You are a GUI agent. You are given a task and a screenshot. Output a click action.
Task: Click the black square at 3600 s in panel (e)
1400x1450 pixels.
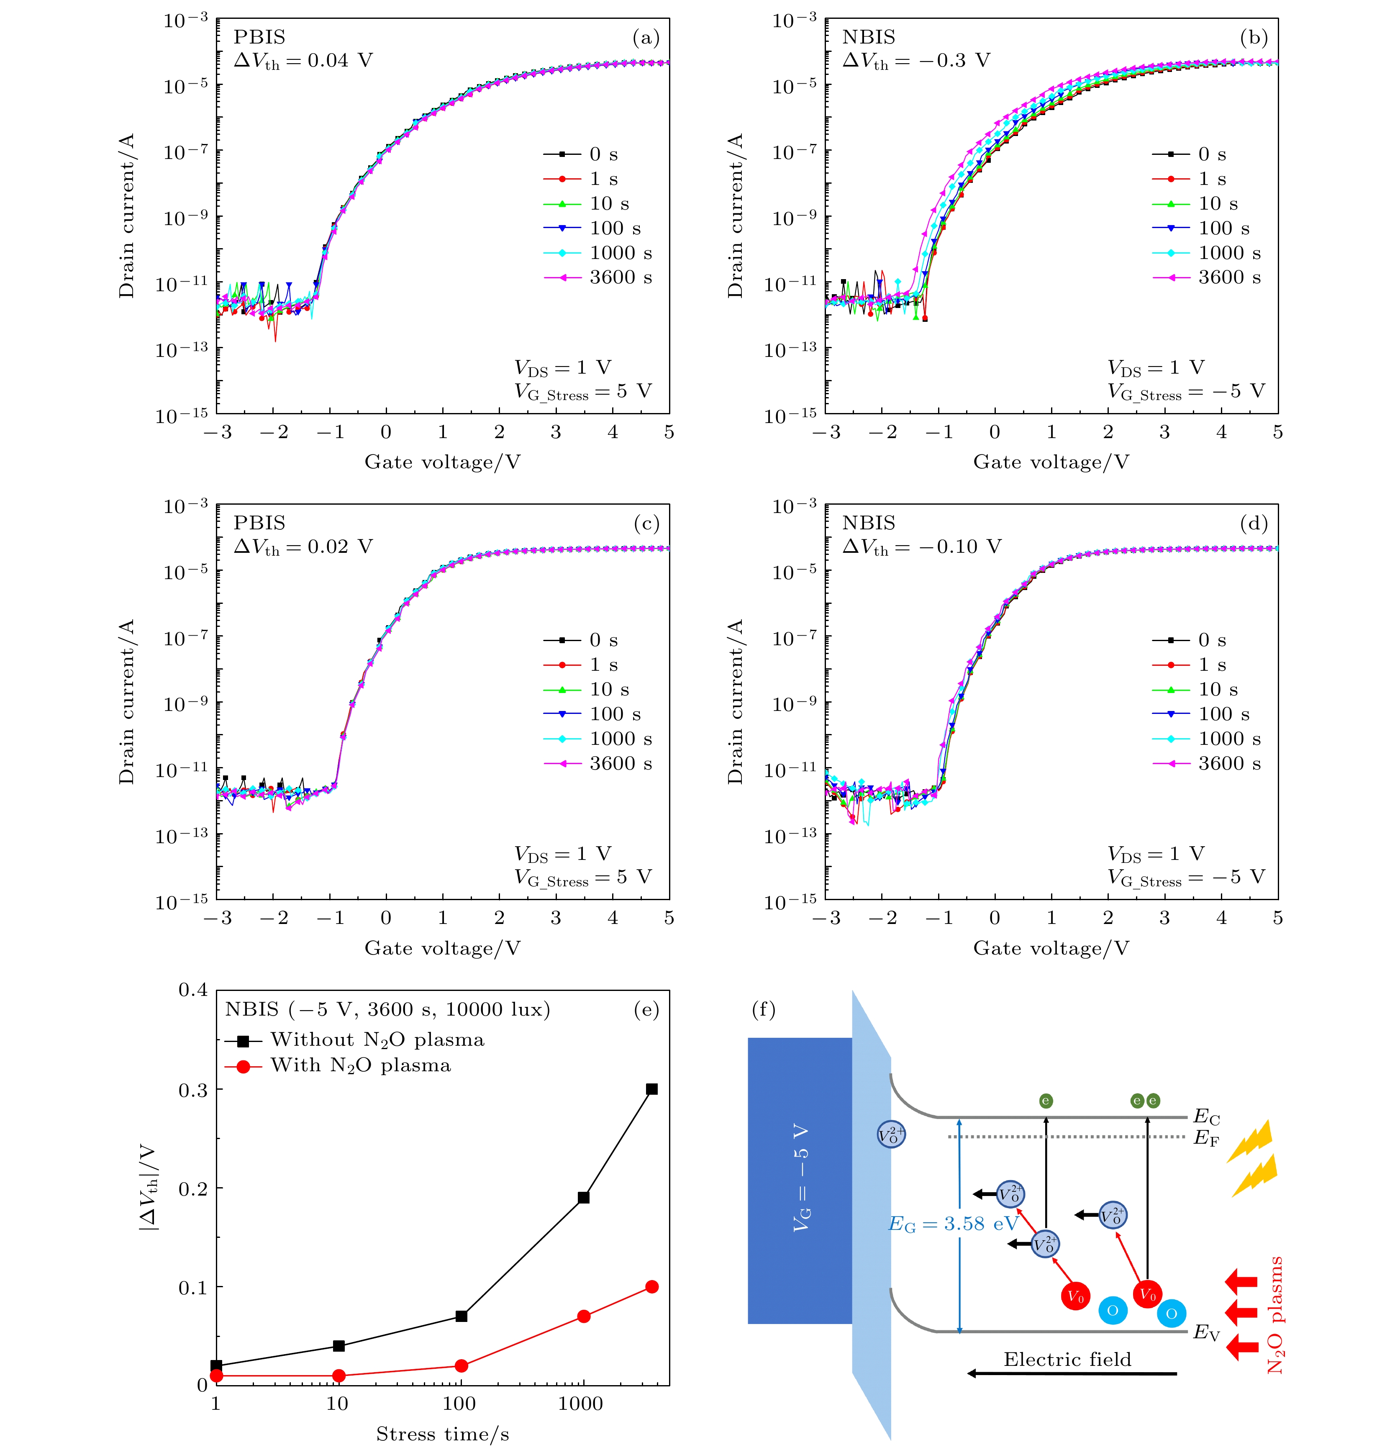tap(651, 1089)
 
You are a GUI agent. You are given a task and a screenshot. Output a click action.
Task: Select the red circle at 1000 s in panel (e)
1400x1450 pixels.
tap(584, 1316)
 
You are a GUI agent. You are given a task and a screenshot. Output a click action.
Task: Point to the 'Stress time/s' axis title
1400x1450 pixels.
tap(442, 1434)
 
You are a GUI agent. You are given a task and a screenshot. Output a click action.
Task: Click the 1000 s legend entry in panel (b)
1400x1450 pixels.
tap(1229, 253)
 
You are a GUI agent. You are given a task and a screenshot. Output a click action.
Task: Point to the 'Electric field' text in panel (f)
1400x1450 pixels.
tap(1067, 1360)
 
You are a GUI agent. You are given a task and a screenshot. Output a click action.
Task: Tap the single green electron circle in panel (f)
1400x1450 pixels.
tap(1045, 1101)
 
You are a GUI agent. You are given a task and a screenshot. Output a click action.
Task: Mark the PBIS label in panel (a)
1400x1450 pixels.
tap(259, 37)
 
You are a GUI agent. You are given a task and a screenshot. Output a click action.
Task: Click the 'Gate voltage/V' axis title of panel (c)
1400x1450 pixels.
tap(442, 948)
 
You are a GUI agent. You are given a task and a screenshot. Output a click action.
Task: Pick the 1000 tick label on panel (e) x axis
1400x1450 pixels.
tap(581, 1404)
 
